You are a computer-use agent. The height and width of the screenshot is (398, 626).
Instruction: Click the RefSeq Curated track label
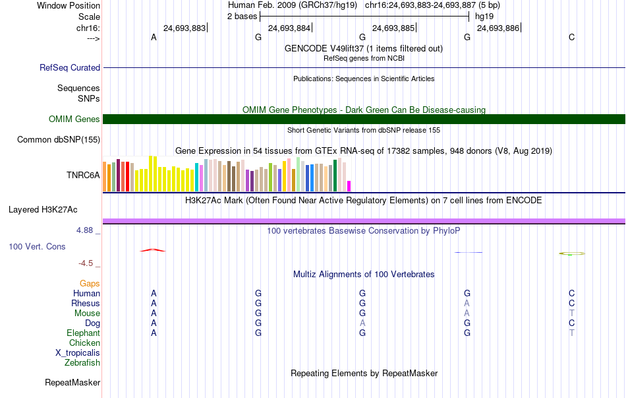(x=70, y=67)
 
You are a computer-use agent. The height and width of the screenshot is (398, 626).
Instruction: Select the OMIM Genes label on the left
(x=74, y=119)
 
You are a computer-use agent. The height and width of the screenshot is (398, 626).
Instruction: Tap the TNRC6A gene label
(x=83, y=175)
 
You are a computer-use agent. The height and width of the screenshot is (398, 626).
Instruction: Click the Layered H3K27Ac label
(x=43, y=210)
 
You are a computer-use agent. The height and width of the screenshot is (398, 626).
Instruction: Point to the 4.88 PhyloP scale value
(x=84, y=230)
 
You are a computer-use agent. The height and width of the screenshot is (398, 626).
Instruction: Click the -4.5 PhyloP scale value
(x=86, y=263)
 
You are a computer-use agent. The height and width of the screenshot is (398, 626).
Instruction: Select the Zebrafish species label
(x=82, y=363)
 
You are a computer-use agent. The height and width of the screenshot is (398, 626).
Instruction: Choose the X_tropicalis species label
(x=78, y=353)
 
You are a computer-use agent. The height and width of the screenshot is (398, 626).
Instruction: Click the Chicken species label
(x=84, y=343)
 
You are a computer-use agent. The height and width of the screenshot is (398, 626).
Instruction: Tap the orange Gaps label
(x=90, y=284)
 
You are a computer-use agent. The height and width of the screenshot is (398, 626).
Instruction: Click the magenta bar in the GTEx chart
(x=349, y=186)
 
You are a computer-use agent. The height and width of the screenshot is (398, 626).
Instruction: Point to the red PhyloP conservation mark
(x=152, y=250)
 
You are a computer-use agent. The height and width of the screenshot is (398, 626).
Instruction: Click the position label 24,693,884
(x=289, y=28)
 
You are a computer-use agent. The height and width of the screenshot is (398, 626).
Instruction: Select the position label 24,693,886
(x=498, y=28)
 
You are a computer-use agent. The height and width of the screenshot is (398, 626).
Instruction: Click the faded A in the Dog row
(x=362, y=323)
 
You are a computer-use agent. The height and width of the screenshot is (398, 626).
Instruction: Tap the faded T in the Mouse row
(x=572, y=314)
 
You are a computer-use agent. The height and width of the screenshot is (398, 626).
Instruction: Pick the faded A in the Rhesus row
(x=467, y=303)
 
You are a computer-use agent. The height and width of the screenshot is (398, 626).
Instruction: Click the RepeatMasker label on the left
(x=72, y=383)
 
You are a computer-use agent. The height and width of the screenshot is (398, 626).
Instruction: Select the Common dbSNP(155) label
(x=59, y=140)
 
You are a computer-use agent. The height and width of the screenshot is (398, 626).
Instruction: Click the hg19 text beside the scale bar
(x=484, y=17)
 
